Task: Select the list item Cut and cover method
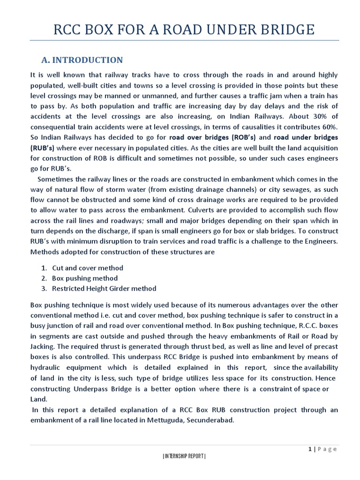(x=88, y=268)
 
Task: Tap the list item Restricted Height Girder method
(x=104, y=289)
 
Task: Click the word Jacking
(x=43, y=346)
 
